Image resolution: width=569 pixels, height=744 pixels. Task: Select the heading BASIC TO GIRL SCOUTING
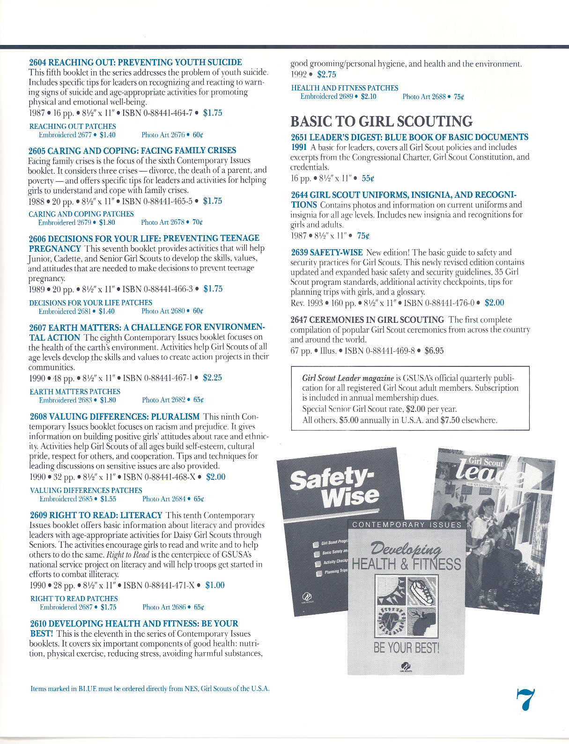click(381, 121)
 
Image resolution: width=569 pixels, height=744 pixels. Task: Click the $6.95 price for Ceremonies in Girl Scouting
click(434, 350)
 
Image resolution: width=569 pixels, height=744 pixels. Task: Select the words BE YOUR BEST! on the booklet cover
click(406, 648)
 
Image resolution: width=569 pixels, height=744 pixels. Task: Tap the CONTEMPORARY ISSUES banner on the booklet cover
click(406, 525)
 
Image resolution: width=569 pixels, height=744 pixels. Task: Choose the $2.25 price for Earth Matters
click(212, 378)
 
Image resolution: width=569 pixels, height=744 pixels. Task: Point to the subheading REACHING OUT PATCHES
click(73, 126)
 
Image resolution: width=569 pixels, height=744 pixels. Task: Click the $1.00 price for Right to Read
click(215, 585)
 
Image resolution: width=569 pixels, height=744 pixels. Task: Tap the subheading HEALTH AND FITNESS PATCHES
click(344, 88)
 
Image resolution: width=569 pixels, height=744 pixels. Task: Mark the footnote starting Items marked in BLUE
click(150, 689)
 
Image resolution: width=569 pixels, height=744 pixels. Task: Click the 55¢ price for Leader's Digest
click(368, 179)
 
